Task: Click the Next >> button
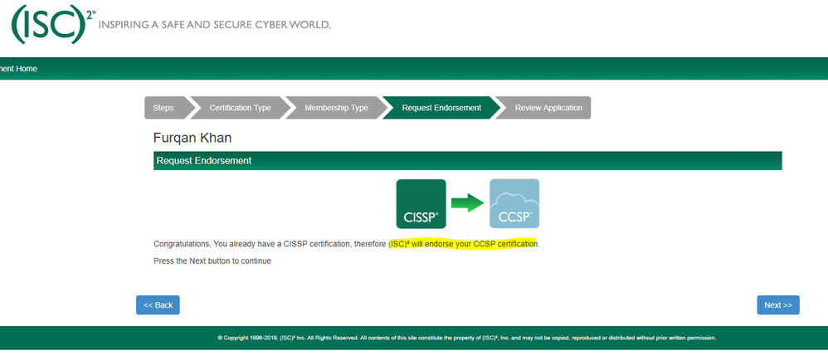coord(777,305)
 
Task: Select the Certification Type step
coord(240,108)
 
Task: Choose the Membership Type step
coord(336,108)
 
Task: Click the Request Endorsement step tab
coord(441,108)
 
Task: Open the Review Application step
coord(548,108)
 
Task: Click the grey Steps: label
coord(164,108)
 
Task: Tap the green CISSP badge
coord(421,203)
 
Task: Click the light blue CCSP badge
coord(514,203)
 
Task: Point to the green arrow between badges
coord(467,203)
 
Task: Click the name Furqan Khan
coord(192,137)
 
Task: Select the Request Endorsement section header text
coord(204,161)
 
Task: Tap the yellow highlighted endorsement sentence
coord(463,244)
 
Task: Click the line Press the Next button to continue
coord(212,260)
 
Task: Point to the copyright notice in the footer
coord(465,338)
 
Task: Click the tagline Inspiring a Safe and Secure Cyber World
coord(214,24)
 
